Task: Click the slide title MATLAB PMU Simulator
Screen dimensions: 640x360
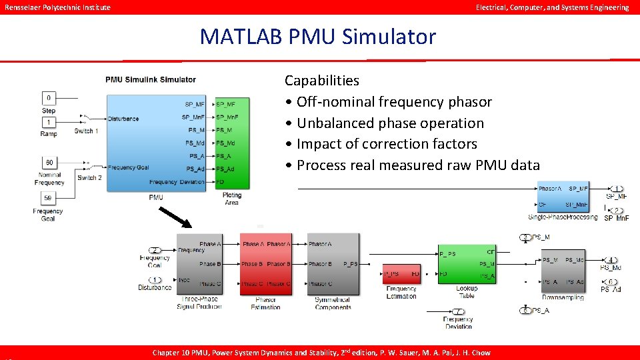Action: (x=317, y=37)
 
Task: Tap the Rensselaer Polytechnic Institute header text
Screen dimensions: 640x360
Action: (x=58, y=7)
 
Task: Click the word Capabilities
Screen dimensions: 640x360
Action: (x=321, y=81)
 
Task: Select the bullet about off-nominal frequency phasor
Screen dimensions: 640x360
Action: (x=393, y=102)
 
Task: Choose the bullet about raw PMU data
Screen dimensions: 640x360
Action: (x=417, y=165)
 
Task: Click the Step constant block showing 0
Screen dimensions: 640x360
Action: (x=49, y=98)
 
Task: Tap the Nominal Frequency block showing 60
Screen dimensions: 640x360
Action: (x=49, y=163)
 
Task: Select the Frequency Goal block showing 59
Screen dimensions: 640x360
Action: (x=49, y=198)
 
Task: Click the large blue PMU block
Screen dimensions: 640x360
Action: (x=156, y=143)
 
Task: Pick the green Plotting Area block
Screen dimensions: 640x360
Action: (x=231, y=143)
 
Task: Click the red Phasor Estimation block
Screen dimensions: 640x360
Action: (x=265, y=264)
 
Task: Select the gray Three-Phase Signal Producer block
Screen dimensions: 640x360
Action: (x=199, y=264)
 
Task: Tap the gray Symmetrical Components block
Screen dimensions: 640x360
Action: (x=333, y=264)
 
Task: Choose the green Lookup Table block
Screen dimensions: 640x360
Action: (x=466, y=265)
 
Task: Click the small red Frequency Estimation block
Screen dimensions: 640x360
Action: (x=401, y=273)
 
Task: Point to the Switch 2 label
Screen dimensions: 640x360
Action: (x=89, y=178)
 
